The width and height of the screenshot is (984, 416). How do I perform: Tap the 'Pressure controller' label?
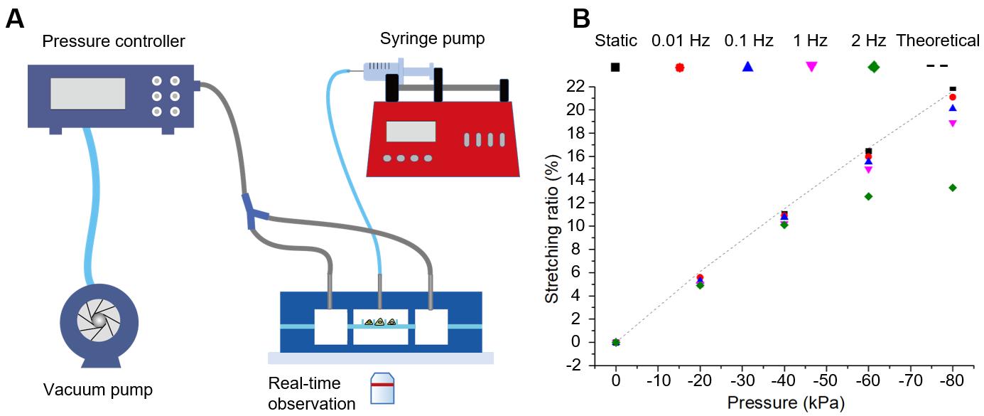point(114,41)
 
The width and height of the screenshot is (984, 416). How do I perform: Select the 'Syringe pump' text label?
point(432,38)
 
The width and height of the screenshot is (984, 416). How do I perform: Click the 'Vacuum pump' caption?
point(98,390)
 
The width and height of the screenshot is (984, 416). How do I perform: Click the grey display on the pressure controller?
point(87,93)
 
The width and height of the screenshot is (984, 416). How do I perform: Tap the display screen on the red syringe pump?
point(411,132)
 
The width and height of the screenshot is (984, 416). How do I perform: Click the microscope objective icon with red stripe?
point(382,388)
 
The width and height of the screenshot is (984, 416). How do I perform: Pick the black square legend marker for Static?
point(615,67)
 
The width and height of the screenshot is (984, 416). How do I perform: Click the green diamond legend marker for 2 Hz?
point(873,67)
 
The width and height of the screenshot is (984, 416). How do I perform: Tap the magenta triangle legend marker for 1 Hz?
point(811,67)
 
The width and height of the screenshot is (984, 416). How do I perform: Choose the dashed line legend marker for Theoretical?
point(937,66)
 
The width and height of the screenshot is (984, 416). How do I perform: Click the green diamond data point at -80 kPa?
point(952,188)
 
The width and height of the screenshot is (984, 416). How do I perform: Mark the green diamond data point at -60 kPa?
point(868,196)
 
